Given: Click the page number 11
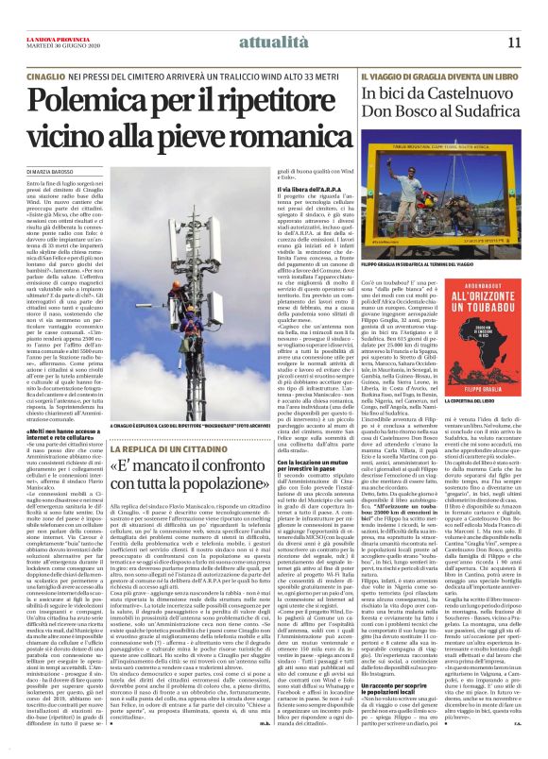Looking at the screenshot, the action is [x=514, y=42].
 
